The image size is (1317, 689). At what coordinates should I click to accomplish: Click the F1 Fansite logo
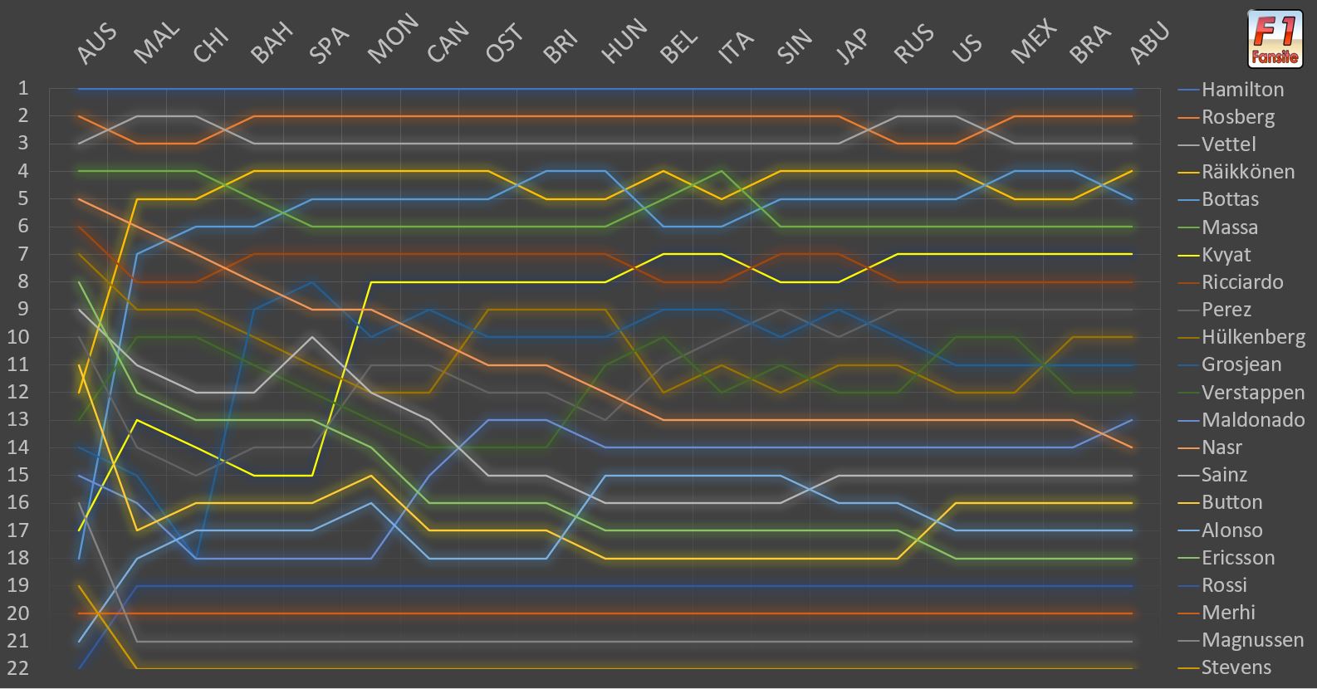click(1275, 39)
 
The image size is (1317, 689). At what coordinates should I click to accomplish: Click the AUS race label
click(96, 43)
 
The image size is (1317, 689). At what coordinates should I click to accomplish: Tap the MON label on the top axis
click(393, 38)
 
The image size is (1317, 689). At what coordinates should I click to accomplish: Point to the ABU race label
click(1149, 42)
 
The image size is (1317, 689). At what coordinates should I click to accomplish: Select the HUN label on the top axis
click(624, 41)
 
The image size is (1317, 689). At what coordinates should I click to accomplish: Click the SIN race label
click(795, 46)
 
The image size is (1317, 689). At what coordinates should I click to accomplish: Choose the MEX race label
click(1034, 41)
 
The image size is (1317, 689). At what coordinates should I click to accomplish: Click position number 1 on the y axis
click(23, 88)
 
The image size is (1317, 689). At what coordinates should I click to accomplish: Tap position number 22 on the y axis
click(17, 668)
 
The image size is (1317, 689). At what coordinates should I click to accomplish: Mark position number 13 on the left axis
click(17, 419)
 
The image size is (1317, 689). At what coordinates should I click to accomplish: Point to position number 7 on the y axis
click(23, 254)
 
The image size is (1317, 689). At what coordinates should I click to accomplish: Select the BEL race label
click(678, 46)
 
